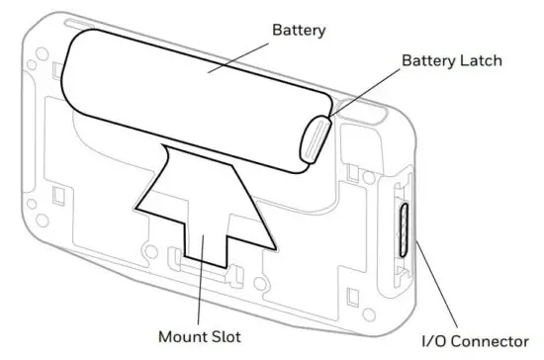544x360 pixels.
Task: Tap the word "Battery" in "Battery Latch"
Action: point(425,61)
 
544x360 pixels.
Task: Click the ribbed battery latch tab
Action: point(312,138)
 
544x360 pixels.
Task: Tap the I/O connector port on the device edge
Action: point(406,227)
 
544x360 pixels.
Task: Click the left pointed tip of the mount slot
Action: point(136,207)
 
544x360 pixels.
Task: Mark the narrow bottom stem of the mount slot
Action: point(204,247)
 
